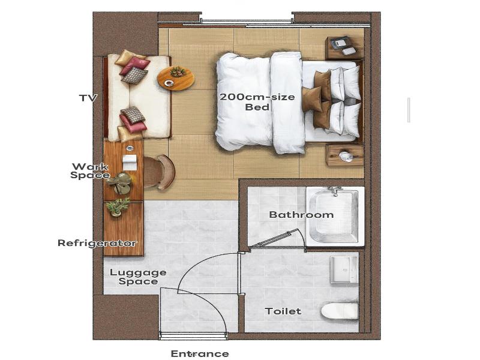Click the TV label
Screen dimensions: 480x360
pyautogui.click(x=88, y=98)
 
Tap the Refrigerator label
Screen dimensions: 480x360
pyautogui.click(x=97, y=243)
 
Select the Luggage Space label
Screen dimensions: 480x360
pyautogui.click(x=138, y=277)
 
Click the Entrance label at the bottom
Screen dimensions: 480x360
pyautogui.click(x=200, y=353)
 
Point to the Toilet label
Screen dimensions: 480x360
pyautogui.click(x=283, y=311)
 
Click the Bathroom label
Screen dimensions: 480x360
pyautogui.click(x=301, y=215)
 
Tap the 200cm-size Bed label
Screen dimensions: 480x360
pyautogui.click(x=257, y=102)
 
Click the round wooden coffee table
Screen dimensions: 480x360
pyautogui.click(x=176, y=79)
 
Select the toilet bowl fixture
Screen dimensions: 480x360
pyautogui.click(x=340, y=311)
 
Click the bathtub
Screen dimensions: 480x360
pyautogui.click(x=335, y=216)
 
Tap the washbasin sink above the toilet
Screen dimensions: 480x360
pyautogui.click(x=344, y=269)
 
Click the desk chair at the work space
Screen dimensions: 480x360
pyautogui.click(x=159, y=172)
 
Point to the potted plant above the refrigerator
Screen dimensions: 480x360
pyautogui.click(x=118, y=206)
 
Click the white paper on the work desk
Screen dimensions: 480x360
pyautogui.click(x=130, y=162)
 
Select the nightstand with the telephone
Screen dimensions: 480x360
pyautogui.click(x=344, y=48)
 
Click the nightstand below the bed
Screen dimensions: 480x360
pyautogui.click(x=345, y=155)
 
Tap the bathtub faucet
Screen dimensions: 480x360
pyautogui.click(x=335, y=191)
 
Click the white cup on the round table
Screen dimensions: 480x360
pyautogui.click(x=168, y=83)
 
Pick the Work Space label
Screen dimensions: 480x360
pyautogui.click(x=89, y=171)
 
